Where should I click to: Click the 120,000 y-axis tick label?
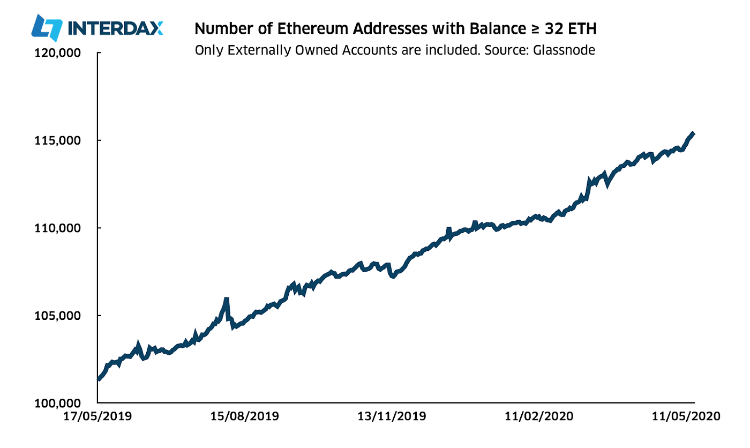point(57,53)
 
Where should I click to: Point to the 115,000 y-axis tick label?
point(57,140)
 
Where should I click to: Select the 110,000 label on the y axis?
point(57,228)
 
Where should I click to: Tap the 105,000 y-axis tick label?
point(57,315)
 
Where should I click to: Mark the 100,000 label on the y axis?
point(57,402)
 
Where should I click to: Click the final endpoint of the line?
point(694,133)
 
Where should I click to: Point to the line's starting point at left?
point(98,379)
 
